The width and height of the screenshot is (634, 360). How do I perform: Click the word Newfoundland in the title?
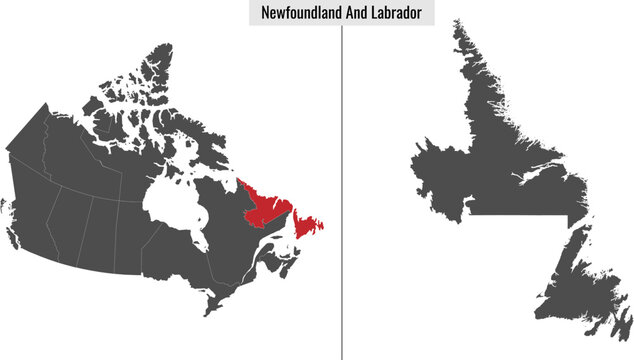(x=297, y=13)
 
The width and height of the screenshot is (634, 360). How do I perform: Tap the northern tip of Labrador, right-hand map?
(x=457, y=25)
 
